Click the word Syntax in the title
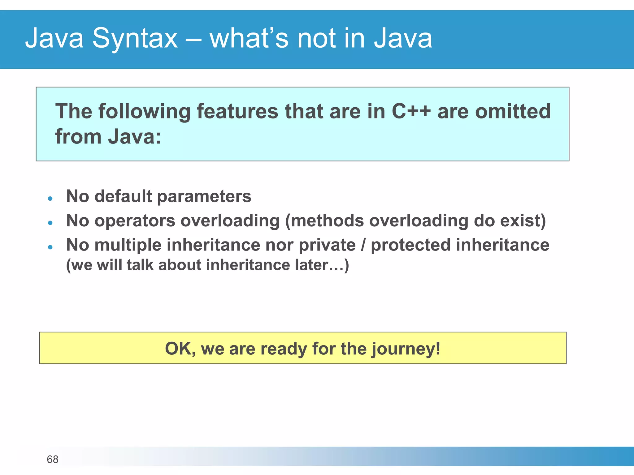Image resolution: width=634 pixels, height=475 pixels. click(135, 39)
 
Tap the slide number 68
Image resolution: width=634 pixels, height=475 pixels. click(52, 459)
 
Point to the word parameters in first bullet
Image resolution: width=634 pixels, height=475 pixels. click(204, 197)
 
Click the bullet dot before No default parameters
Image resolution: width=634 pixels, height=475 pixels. click(50, 198)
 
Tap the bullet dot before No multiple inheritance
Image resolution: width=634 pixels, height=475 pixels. click(50, 247)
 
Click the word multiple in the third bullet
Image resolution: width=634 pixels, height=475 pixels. click(128, 245)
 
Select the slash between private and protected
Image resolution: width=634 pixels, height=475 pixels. click(363, 245)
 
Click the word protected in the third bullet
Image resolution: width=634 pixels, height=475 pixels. click(410, 245)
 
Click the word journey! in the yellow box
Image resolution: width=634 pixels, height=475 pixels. click(406, 349)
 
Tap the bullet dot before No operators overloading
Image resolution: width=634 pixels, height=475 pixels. click(50, 223)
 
